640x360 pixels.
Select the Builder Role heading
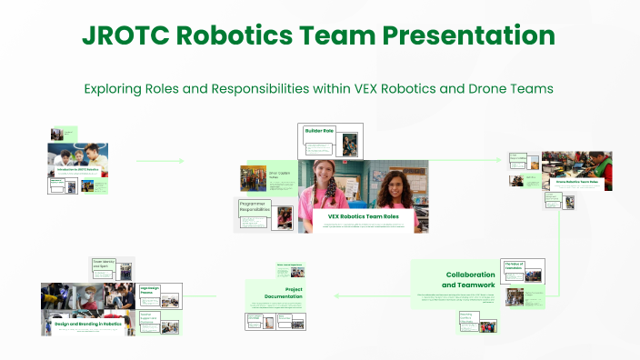(320, 131)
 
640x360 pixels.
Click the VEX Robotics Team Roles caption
(364, 217)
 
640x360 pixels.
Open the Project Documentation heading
(276, 293)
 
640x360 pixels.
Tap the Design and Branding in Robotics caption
(87, 324)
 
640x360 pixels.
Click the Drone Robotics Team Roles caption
(577, 182)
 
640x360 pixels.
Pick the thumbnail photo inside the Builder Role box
(350, 143)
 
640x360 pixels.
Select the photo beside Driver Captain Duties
(254, 177)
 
